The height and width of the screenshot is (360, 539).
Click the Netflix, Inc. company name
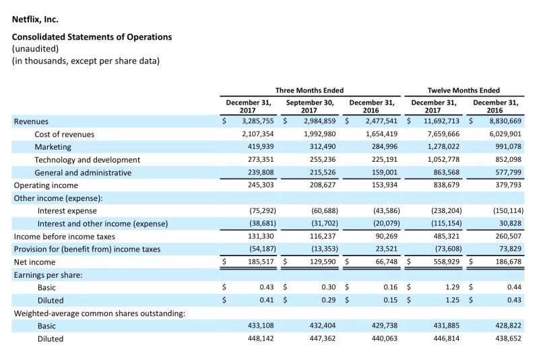(35, 20)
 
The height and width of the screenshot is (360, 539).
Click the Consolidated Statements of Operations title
(92, 37)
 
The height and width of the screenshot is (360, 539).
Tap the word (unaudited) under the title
(36, 49)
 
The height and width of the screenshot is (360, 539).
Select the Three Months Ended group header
(309, 90)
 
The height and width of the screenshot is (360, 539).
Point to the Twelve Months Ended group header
(464, 90)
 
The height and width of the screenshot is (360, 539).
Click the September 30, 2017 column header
(310, 107)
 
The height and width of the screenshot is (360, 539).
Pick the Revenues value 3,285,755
(258, 121)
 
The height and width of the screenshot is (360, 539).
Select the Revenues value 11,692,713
(441, 121)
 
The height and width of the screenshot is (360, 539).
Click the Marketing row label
(53, 147)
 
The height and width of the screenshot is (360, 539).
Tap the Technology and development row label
(88, 160)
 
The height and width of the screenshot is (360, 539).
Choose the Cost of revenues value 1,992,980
(319, 133)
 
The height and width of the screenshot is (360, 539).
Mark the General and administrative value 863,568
(446, 173)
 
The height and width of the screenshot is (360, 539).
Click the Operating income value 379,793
(508, 185)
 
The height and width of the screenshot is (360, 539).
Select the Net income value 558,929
(446, 262)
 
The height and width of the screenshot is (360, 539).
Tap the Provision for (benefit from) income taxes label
(87, 249)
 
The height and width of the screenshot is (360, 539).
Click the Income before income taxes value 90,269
(386, 236)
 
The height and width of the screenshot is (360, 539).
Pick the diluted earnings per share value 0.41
(267, 300)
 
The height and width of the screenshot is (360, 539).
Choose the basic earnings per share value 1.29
(452, 287)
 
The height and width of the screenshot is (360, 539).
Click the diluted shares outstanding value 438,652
(508, 338)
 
